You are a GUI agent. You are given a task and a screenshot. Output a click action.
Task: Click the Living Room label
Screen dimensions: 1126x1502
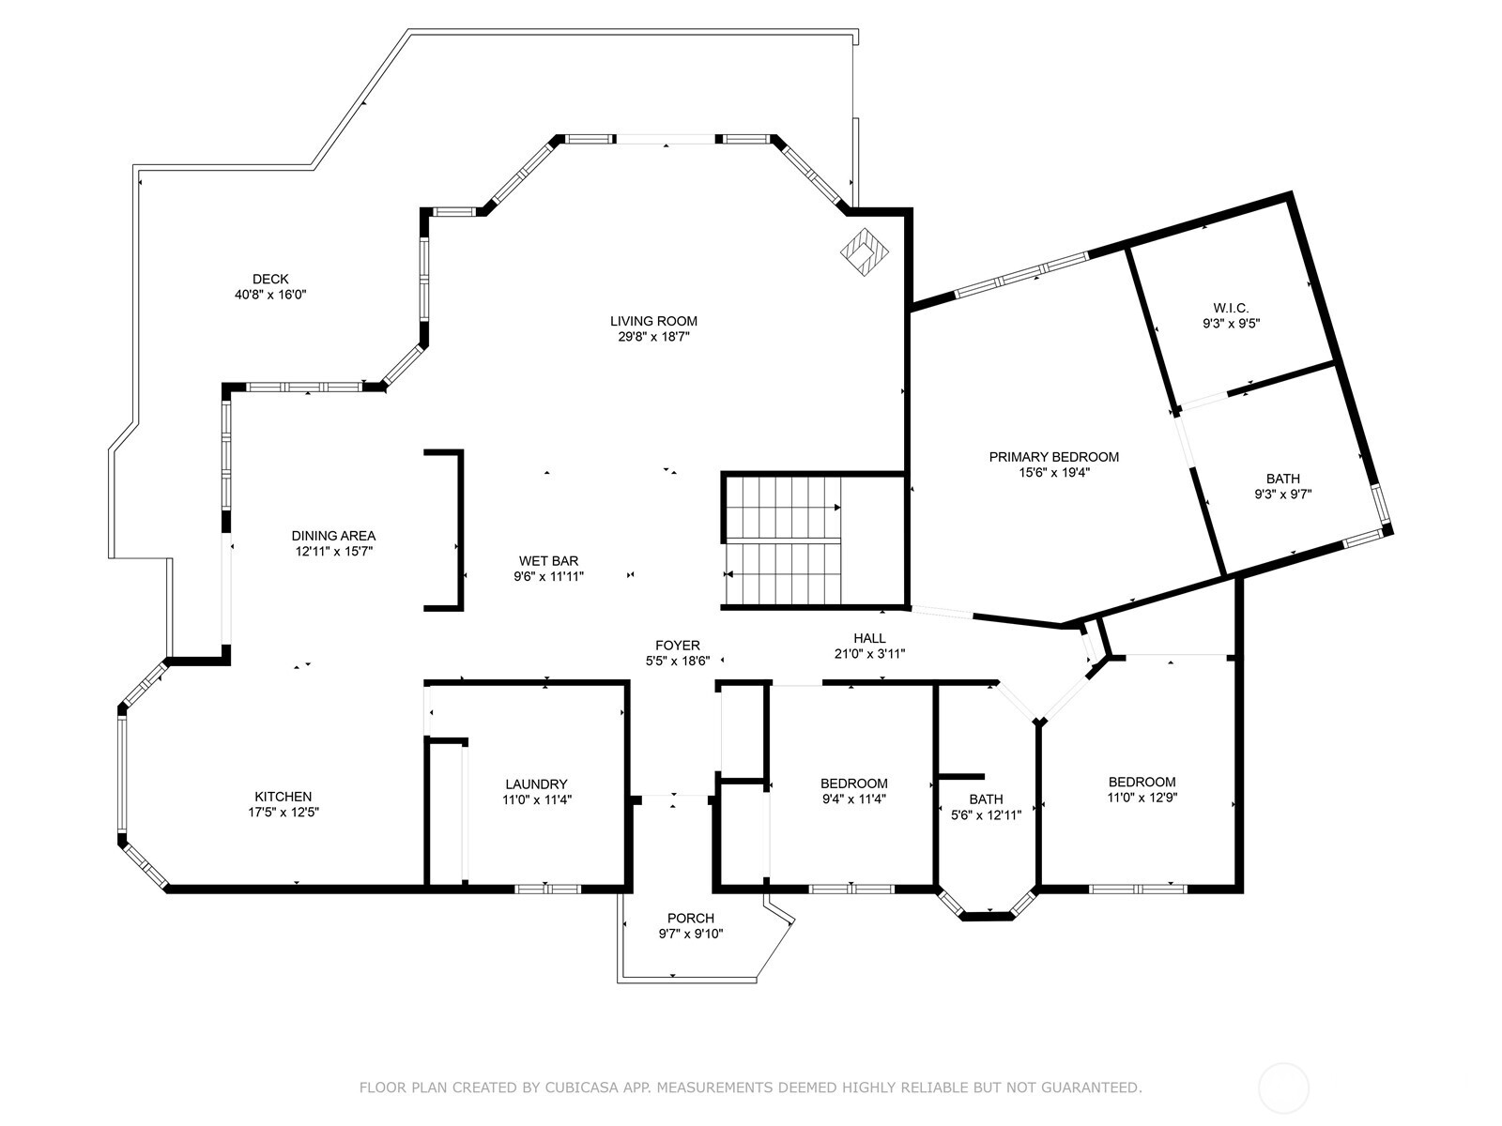653,321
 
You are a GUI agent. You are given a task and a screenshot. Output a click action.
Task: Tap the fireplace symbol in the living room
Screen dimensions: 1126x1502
865,251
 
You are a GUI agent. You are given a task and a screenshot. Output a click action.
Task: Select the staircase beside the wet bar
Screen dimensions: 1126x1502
784,540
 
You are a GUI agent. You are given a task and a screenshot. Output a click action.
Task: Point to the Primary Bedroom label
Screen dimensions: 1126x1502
1053,457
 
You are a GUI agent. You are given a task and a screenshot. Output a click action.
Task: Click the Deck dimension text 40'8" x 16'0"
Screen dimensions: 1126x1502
270,295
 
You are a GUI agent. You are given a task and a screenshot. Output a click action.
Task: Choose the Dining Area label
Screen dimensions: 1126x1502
333,536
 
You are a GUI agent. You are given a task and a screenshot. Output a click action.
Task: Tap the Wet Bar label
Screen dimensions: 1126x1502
548,561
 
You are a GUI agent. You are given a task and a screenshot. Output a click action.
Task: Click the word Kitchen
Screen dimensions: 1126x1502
283,797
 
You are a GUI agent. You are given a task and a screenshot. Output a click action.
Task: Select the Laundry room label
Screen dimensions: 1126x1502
536,784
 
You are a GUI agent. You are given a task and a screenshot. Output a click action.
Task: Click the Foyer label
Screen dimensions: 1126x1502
677,646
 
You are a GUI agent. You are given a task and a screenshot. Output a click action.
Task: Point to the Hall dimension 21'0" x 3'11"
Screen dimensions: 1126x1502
869,654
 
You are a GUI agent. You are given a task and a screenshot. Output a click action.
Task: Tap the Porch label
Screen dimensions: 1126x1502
690,918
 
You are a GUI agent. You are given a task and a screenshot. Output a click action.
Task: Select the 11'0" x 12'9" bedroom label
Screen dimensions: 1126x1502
1142,789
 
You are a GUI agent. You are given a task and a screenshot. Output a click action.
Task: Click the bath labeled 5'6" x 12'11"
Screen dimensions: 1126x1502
986,807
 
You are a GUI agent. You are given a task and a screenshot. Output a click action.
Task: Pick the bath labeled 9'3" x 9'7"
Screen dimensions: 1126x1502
1282,486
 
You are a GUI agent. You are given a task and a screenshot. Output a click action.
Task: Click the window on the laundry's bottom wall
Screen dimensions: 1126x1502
549,888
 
